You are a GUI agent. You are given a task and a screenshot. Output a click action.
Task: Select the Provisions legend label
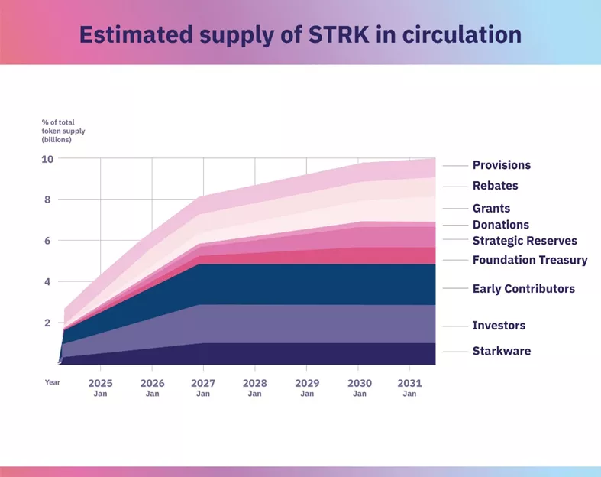point(501,165)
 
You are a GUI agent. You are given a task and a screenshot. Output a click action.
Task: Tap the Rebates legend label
point(495,186)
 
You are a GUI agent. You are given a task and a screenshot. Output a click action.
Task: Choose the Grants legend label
point(491,208)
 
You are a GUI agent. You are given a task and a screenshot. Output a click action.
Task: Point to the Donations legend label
point(500,225)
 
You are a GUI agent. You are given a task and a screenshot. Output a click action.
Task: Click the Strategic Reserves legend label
point(525,241)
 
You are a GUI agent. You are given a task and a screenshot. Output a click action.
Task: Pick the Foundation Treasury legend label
point(530,260)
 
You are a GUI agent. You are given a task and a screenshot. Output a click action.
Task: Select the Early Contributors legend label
point(523,289)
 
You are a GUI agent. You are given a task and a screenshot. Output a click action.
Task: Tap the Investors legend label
point(499,326)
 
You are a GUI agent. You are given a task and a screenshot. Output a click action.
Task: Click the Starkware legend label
point(501,352)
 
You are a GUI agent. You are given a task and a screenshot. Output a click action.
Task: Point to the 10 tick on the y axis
point(47,159)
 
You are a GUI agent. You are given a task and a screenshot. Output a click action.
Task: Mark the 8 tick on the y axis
point(47,200)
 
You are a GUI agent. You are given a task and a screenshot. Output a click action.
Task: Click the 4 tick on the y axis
point(47,282)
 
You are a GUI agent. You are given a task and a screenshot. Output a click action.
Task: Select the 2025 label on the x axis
point(101,382)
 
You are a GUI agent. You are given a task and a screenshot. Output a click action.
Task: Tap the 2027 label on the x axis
point(203,382)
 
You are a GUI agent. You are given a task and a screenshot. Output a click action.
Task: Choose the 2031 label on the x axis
point(410,382)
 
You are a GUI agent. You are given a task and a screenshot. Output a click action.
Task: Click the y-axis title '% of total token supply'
point(63,131)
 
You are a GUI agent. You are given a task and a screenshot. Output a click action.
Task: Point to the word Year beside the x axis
point(52,381)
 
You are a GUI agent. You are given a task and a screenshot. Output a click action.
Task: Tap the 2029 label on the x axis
point(307,382)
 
